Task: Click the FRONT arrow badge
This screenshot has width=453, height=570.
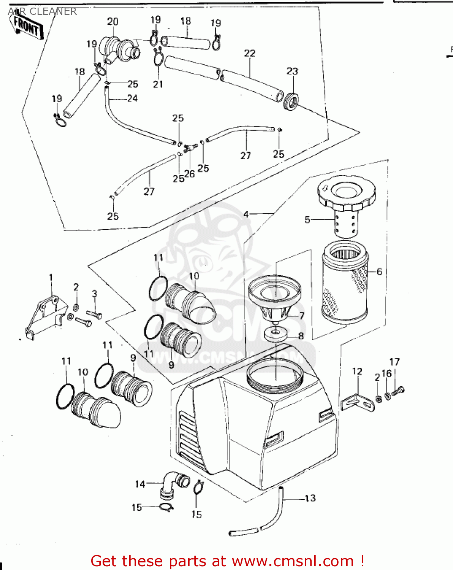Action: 27,27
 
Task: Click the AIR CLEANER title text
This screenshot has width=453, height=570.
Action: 42,11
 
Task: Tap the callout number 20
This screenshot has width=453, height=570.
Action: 112,22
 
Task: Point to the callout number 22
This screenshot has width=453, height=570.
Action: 249,53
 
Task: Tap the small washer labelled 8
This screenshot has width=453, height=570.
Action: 276,334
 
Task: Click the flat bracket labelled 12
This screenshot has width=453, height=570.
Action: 357,403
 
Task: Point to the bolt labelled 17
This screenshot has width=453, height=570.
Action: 398,390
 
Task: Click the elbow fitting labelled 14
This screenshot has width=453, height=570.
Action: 171,484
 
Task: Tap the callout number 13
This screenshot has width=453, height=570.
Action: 310,498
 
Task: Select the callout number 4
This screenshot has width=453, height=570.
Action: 246,214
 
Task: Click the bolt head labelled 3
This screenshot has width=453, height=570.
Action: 95,314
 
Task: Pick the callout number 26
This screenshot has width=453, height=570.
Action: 189,174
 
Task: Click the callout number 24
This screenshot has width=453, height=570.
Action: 132,98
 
